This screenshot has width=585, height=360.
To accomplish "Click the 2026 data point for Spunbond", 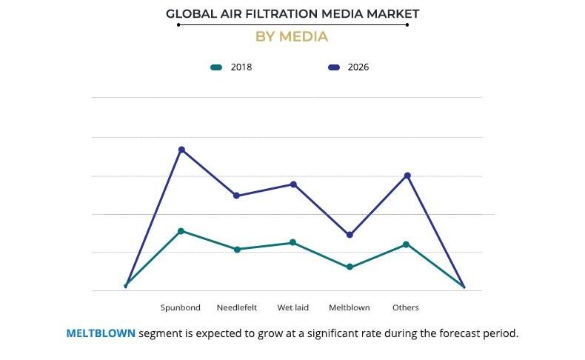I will click(181, 150).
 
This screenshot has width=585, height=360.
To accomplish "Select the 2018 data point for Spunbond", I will click(181, 231).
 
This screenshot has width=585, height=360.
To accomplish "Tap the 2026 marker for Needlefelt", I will click(237, 196).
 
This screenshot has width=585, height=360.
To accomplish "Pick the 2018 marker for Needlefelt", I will click(237, 250).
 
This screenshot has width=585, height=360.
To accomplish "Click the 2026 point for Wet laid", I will click(293, 184).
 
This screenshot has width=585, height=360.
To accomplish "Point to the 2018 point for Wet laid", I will click(293, 242).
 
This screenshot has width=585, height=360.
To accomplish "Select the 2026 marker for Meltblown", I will click(350, 235).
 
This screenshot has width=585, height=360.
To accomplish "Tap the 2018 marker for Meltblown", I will click(350, 267).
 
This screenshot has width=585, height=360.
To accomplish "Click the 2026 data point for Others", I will click(407, 176).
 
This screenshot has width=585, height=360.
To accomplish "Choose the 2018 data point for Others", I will click(406, 244).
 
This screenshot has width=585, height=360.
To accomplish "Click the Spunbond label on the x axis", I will click(181, 307).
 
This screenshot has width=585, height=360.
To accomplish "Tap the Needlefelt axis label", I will click(237, 307).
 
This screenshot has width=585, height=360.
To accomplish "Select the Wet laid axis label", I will click(293, 307).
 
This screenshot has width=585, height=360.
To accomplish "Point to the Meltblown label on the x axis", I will click(350, 307).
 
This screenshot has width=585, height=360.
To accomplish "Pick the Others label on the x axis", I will click(406, 307).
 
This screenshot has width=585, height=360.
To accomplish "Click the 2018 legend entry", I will click(232, 67).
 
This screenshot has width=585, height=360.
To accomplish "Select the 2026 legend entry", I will click(349, 67).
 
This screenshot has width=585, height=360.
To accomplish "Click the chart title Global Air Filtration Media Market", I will click(292, 13).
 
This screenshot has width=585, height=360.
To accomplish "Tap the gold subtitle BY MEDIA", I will click(292, 36).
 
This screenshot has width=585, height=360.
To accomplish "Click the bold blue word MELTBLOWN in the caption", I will click(101, 333).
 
